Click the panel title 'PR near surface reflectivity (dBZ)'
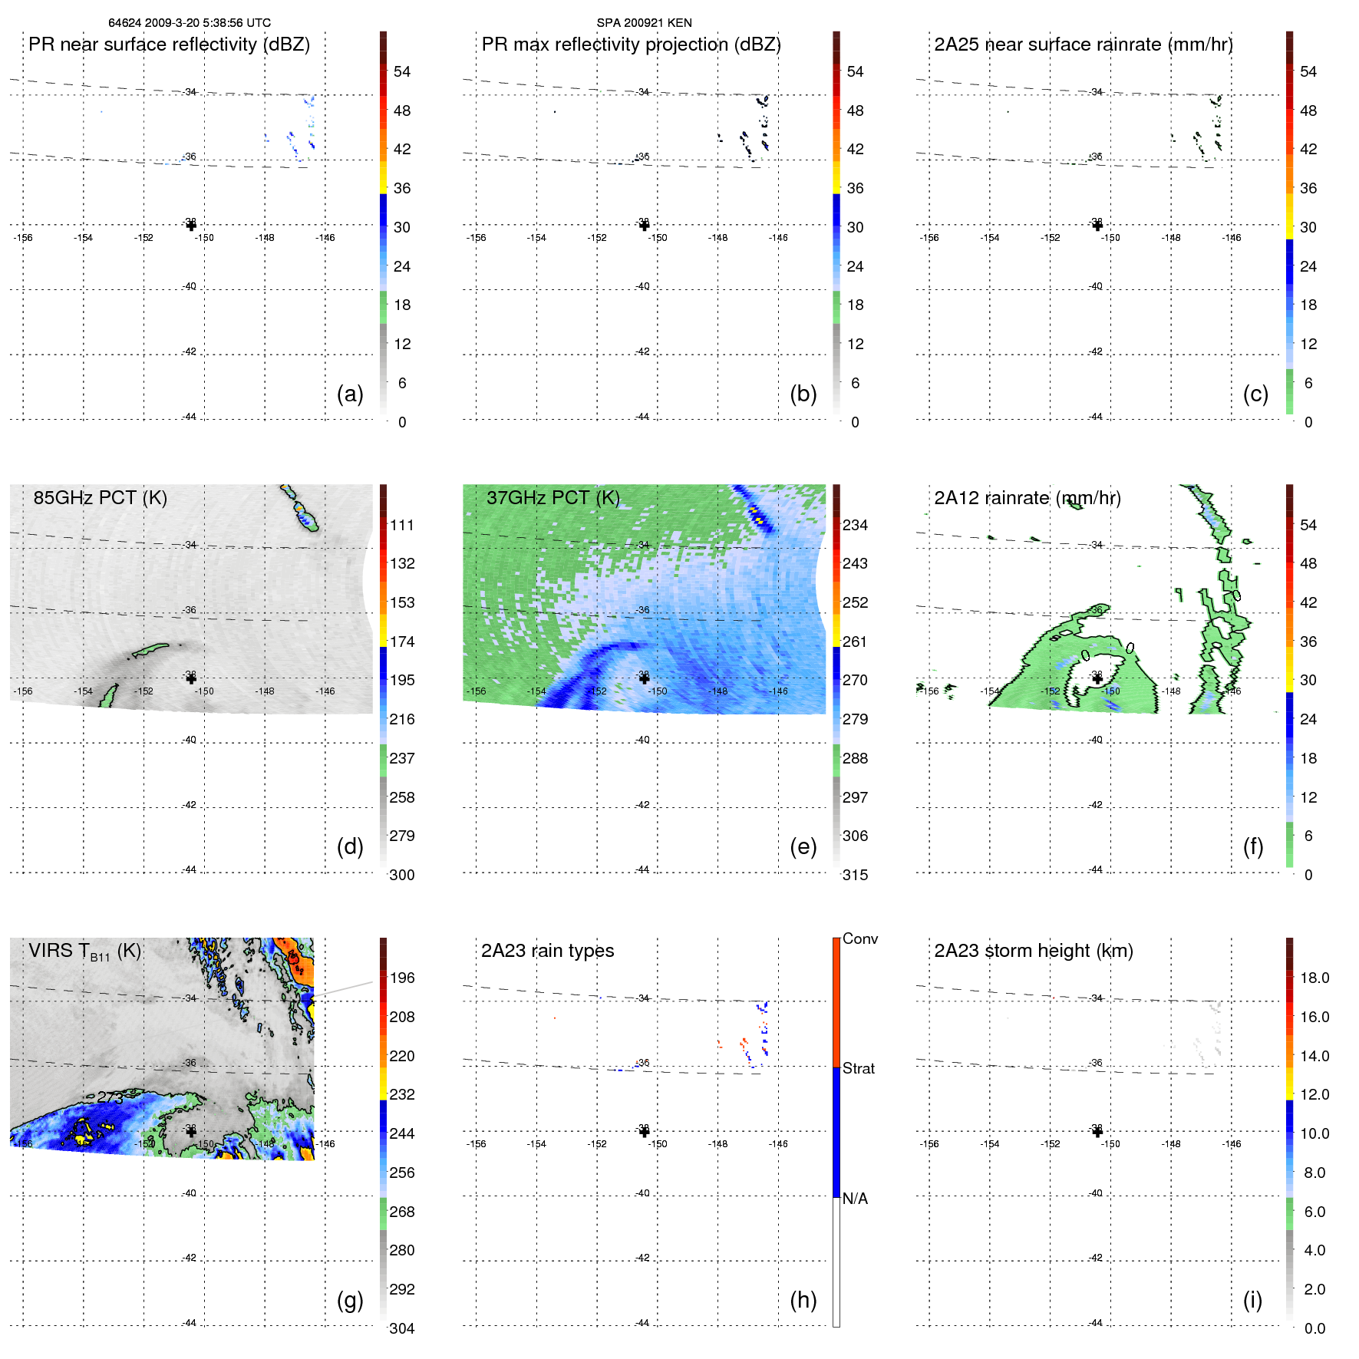(x=169, y=45)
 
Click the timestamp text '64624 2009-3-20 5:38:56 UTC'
(x=190, y=23)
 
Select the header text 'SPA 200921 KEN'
(x=644, y=23)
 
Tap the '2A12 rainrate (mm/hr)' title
(x=1027, y=498)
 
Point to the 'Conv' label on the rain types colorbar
(x=859, y=938)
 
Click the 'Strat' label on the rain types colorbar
(x=858, y=1068)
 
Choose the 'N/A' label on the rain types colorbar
(x=855, y=1199)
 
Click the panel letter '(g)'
(x=350, y=1300)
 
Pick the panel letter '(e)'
(x=803, y=846)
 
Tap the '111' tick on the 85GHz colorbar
(x=401, y=525)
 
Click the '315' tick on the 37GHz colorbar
(x=855, y=875)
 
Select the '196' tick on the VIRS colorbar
(x=401, y=978)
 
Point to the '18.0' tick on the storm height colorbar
(x=1314, y=978)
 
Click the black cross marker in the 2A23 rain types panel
(x=644, y=1132)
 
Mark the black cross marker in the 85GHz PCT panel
(x=191, y=678)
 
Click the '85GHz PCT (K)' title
(x=100, y=498)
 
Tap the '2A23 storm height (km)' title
(x=1034, y=951)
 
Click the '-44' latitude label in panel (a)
(x=190, y=417)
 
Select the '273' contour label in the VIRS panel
(x=110, y=1098)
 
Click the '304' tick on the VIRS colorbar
(x=401, y=1328)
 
